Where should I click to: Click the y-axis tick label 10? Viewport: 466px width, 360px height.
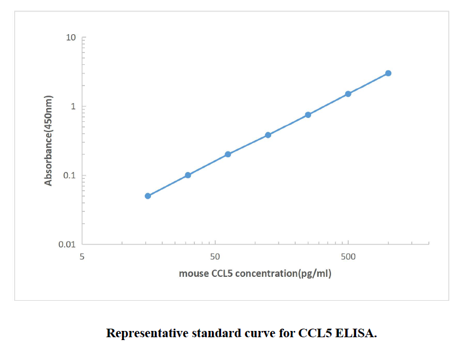click(71, 38)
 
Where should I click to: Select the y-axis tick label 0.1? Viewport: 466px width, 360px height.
click(70, 175)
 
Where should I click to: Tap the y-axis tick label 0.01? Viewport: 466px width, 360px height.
click(67, 244)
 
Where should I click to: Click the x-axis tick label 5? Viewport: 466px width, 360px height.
click(82, 256)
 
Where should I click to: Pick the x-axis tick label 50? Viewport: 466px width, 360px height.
click(215, 256)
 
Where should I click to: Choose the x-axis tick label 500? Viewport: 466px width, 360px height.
click(348, 256)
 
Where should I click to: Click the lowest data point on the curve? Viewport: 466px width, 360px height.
click(148, 196)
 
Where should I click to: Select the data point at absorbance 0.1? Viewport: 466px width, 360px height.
click(188, 175)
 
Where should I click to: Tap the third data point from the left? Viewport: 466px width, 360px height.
click(228, 154)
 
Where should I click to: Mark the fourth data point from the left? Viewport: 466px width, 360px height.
click(268, 135)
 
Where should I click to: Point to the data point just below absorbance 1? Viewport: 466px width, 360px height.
click(308, 114)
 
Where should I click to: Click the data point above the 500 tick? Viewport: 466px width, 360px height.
click(348, 94)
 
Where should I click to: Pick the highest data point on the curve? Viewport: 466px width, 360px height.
click(388, 73)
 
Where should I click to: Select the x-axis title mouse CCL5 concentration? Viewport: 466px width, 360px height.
click(255, 273)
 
